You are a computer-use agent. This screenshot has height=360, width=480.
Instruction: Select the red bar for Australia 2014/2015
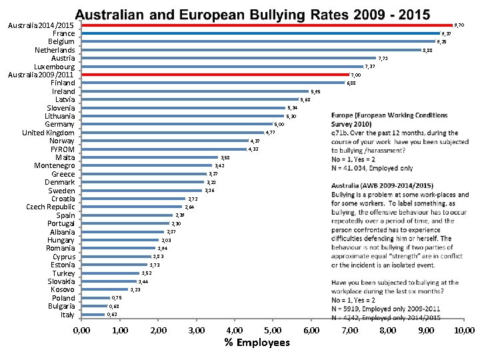coord(267,25)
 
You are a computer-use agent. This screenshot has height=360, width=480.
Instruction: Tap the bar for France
coord(260,33)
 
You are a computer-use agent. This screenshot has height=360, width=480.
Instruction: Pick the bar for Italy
coord(93,314)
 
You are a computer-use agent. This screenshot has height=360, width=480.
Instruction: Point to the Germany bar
coord(177,124)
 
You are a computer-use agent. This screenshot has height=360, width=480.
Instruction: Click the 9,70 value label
coord(459,25)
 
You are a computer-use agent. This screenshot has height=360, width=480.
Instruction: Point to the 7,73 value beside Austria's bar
coord(383,59)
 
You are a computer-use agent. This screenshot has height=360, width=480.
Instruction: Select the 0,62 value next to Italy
coord(112,314)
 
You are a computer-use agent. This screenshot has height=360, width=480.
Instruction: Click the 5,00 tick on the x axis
coord(273,330)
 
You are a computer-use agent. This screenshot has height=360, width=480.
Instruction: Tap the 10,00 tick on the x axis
coord(464,330)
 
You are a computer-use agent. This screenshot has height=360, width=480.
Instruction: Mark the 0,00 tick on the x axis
coord(81,330)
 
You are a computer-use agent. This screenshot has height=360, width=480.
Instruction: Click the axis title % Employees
coord(257,343)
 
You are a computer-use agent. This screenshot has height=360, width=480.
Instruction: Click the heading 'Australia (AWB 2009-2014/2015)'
coord(382,185)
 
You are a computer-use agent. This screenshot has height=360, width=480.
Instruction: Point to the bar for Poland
coord(95,297)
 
